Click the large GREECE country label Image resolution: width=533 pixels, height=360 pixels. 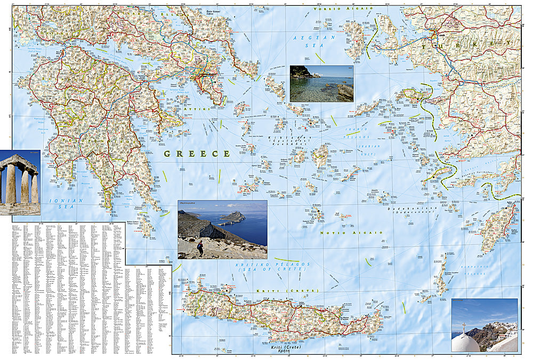click(x=197, y=154)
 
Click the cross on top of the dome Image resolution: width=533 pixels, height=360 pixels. click(x=464, y=326)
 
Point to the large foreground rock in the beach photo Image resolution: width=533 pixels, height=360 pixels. click(x=345, y=92)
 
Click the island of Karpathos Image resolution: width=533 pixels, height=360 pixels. click(x=441, y=275)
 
